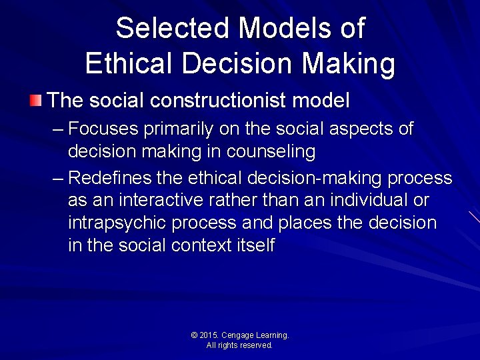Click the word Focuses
pos(103,129)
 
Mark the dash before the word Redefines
pos(57,179)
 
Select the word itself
pos(255,245)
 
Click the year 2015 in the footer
pos(209,335)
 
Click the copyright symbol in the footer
pos(194,335)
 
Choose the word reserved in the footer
pos(257,345)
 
